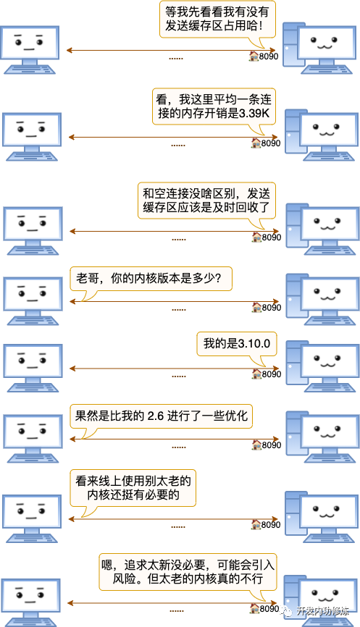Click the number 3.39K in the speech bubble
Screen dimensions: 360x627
coord(254,114)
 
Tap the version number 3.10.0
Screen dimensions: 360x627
coord(254,343)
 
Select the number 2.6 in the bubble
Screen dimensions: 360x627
coord(156,416)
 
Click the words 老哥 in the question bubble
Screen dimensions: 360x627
coord(87,278)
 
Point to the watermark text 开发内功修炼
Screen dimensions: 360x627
coord(322,611)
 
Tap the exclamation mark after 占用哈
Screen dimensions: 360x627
coord(261,26)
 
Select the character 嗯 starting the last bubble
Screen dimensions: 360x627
coord(106,565)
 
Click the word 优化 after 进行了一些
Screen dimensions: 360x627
coord(236,416)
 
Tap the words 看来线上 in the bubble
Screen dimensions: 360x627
coord(99,481)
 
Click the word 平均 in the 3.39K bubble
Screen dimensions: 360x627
coord(225,100)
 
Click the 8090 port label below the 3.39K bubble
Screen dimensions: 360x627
coord(271,143)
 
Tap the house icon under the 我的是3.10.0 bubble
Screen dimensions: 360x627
coord(257,374)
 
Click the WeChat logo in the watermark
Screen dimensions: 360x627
coord(286,611)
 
